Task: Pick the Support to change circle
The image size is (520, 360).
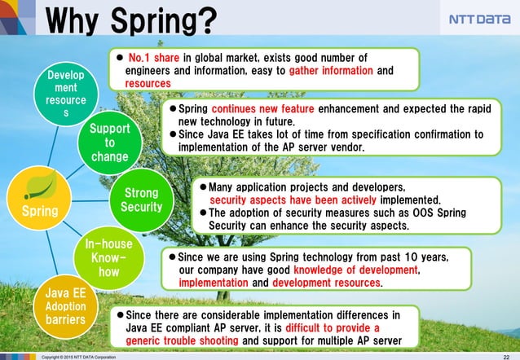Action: [x=109, y=143]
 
